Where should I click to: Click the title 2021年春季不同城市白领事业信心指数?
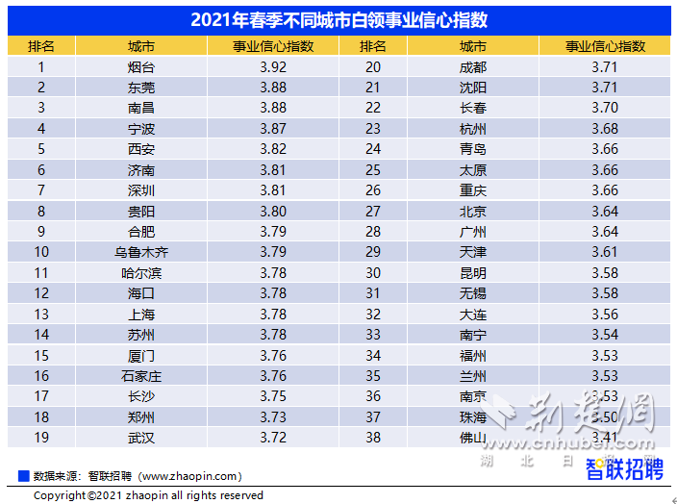(x=338, y=20)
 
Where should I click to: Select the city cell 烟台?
(x=141, y=67)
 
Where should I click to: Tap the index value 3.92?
(x=272, y=67)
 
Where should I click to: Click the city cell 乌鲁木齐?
(x=141, y=252)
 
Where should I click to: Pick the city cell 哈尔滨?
(x=141, y=273)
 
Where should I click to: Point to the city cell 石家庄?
(x=141, y=376)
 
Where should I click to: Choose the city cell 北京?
(x=473, y=212)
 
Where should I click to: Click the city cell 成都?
(x=473, y=67)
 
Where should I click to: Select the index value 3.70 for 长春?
(x=605, y=108)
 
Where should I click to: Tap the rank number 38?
(x=373, y=438)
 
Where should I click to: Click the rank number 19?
(x=41, y=438)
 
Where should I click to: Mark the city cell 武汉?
(x=141, y=438)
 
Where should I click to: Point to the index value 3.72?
(x=272, y=438)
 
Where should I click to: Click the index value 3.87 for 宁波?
(x=272, y=129)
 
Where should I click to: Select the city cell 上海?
(x=141, y=315)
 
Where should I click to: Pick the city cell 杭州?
(x=473, y=129)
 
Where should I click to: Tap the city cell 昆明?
(x=473, y=273)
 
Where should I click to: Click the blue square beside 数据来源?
(x=23, y=475)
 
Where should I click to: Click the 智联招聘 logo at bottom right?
(x=625, y=469)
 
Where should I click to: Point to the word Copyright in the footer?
(x=60, y=495)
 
